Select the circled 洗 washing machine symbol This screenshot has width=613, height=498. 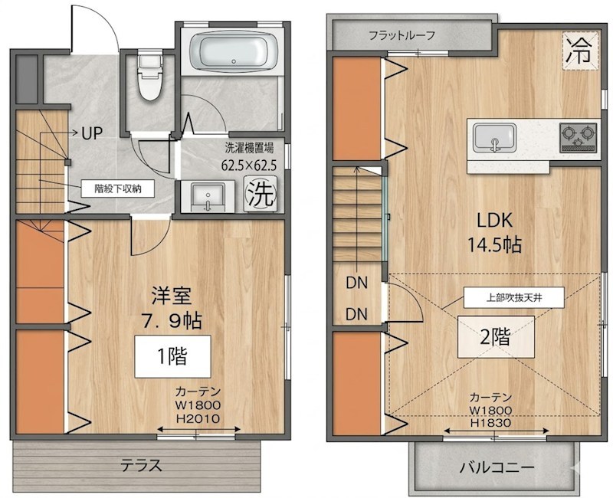point(261,194)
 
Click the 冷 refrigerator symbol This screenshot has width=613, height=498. point(580,51)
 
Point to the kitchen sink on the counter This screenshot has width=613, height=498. point(494,138)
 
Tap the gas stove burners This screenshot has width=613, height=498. point(579,138)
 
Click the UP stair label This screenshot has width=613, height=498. point(92,133)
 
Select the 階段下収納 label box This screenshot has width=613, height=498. point(118,188)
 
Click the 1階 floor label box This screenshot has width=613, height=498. point(173,356)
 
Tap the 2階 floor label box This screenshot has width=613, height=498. point(496,336)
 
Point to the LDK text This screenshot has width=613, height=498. point(494,221)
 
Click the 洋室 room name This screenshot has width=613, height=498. point(172,296)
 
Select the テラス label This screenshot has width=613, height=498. point(141,466)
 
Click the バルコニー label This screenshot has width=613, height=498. point(496,467)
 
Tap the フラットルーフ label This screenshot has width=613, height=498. point(402,35)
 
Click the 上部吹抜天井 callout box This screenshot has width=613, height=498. point(514,297)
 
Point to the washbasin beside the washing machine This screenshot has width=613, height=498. point(208,196)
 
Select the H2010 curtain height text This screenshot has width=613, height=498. point(198,419)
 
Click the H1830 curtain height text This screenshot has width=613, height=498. point(490,423)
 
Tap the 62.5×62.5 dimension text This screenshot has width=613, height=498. point(249,165)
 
